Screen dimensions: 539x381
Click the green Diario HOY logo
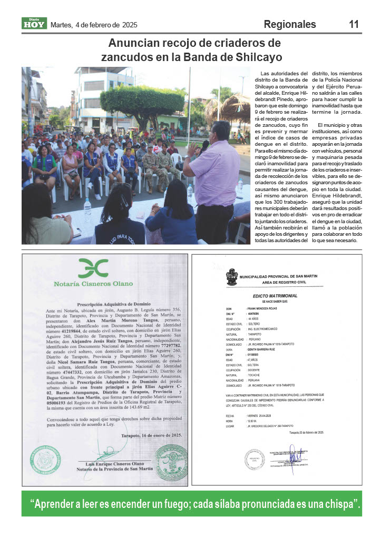34,24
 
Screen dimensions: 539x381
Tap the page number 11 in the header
354,24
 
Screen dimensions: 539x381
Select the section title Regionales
290,24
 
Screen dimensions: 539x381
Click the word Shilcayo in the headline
257,57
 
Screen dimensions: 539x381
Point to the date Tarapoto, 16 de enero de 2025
151,435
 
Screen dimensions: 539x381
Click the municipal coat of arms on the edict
232,277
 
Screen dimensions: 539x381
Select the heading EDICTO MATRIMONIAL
276,296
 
